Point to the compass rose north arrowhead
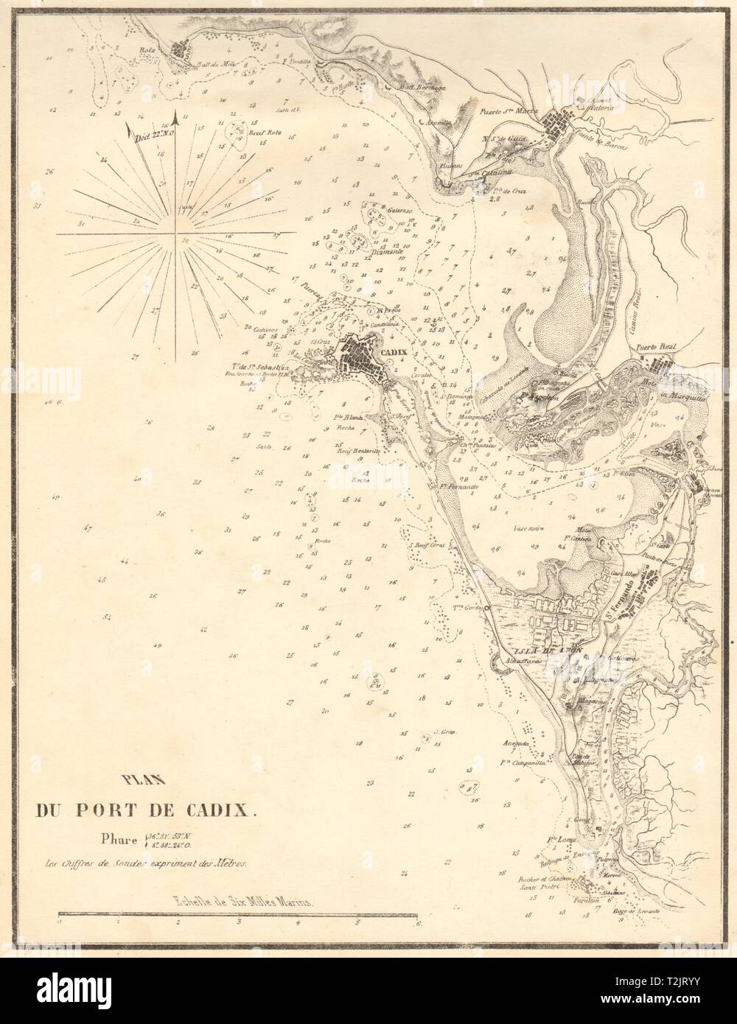(175, 114)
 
